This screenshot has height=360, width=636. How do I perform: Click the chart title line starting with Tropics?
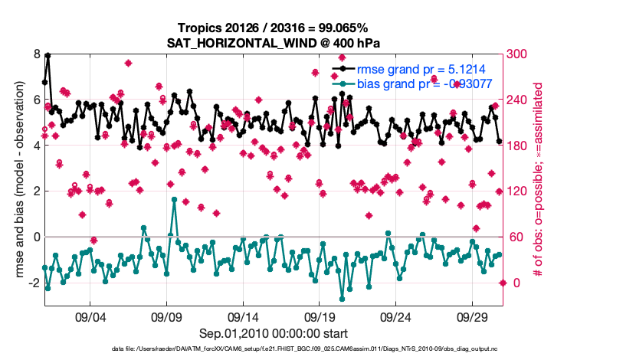(x=274, y=28)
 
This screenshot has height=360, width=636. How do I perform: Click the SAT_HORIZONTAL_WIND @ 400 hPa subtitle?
(x=274, y=43)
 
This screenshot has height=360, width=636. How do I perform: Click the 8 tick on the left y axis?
(x=36, y=54)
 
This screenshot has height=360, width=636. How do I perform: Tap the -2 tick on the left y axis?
(x=34, y=283)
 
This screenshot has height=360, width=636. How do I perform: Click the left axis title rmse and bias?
(x=15, y=180)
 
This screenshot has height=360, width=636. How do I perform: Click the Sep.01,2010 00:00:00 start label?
(x=274, y=333)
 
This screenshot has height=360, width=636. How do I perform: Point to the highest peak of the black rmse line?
(x=48, y=55)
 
